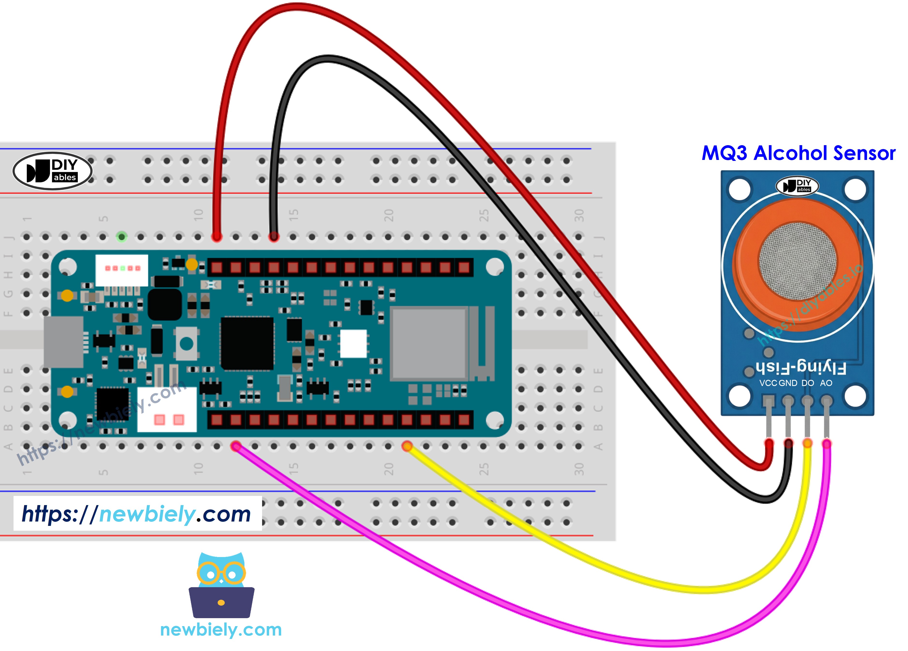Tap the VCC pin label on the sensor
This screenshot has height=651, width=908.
(x=768, y=383)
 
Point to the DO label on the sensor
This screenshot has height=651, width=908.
(x=808, y=383)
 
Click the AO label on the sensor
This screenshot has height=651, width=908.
(x=826, y=383)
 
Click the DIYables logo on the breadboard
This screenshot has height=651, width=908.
(x=52, y=171)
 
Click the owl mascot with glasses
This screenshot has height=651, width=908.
(x=222, y=585)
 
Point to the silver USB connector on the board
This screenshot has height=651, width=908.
(x=63, y=342)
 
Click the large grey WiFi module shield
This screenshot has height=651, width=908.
(x=429, y=343)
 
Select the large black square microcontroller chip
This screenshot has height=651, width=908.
(x=247, y=343)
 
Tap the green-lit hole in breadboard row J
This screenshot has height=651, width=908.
(x=122, y=237)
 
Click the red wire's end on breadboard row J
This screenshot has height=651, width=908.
(x=217, y=237)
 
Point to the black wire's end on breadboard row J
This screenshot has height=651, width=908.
(x=274, y=237)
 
